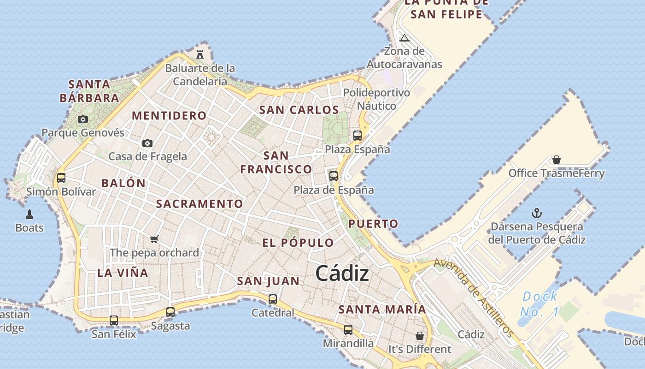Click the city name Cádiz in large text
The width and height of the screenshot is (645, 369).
[342, 274]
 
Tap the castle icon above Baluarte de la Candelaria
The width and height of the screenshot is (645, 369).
[200, 54]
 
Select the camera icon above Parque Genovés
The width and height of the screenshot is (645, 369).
[83, 119]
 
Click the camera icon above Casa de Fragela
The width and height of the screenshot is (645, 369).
[147, 143]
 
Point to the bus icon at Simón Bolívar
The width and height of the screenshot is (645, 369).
[61, 178]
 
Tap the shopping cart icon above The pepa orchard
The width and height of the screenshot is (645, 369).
[154, 239]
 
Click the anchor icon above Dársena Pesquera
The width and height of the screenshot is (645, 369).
[537, 213]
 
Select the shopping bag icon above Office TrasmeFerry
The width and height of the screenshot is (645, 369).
[557, 160]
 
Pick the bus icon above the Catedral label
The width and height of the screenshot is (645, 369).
[273, 299]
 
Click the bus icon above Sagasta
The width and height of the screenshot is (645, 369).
[170, 312]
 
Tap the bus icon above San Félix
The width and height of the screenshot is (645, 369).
[114, 320]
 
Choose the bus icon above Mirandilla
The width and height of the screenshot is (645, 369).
[348, 329]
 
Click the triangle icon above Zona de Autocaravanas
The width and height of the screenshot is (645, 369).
[405, 38]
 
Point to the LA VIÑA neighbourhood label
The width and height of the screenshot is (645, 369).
[123, 273]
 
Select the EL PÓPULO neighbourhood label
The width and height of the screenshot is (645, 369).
[298, 243]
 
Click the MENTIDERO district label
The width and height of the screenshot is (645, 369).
[169, 115]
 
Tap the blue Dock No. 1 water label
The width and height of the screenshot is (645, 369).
[540, 304]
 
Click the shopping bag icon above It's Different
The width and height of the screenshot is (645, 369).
[420, 335]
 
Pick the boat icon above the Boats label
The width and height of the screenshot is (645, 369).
[29, 214]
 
